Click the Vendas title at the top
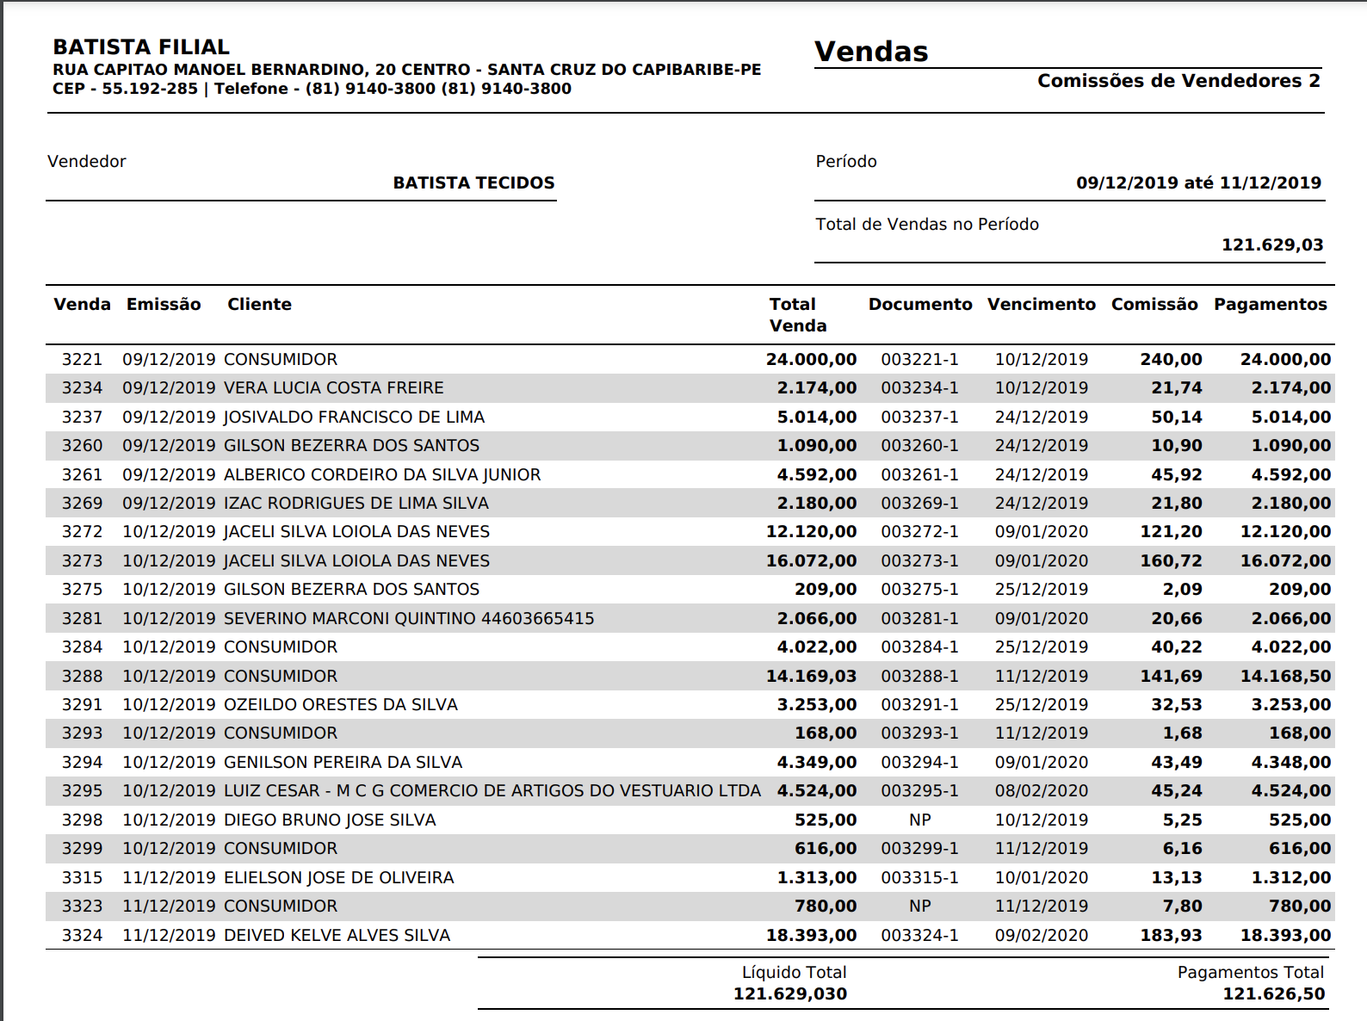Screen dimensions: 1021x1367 [871, 52]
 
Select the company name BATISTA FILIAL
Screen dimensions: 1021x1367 [141, 47]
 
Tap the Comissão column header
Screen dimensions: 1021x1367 [1154, 304]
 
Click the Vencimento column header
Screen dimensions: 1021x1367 [1041, 304]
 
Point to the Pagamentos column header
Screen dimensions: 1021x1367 [1270, 304]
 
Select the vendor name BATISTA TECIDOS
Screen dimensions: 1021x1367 [473, 183]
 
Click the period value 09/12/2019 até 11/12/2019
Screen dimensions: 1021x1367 [1198, 183]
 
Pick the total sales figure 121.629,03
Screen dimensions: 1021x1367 [1272, 244]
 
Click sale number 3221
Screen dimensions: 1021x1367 [82, 359]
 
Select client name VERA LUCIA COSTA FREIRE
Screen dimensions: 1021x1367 [333, 387]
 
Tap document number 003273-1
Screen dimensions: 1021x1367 [919, 560]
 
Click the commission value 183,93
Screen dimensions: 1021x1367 [1171, 935]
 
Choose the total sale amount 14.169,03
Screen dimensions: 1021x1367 [811, 676]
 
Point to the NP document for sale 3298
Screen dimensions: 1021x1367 [919, 820]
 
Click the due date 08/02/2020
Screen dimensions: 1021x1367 [1041, 790]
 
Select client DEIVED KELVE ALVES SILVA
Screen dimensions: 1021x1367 [337, 935]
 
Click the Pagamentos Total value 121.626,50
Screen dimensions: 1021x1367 [1273, 993]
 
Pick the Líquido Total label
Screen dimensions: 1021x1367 [794, 972]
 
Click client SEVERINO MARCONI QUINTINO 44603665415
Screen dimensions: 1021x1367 [409, 618]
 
